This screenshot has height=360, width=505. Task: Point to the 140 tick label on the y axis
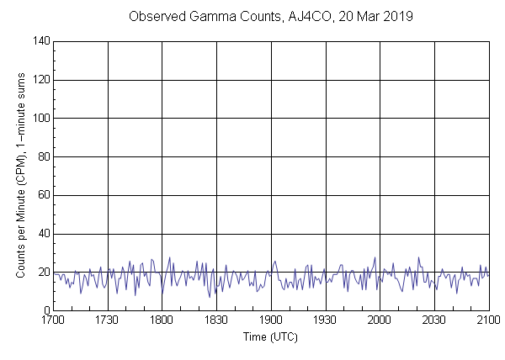click(40, 41)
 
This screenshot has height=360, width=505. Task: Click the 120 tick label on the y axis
click(40, 80)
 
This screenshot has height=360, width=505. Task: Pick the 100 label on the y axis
click(40, 119)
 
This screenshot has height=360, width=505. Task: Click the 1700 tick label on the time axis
click(53, 320)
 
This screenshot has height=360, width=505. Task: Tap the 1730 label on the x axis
click(108, 320)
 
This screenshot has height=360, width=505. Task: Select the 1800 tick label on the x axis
click(162, 320)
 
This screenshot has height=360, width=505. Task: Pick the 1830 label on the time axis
click(216, 320)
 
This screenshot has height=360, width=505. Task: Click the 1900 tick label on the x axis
click(271, 320)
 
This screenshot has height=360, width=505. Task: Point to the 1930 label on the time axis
click(326, 320)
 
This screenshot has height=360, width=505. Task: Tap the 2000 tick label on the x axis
click(380, 320)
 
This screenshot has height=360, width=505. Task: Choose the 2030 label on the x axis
click(434, 320)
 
